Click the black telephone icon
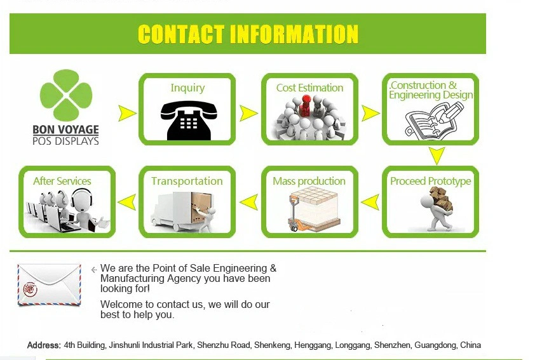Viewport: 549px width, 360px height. (189, 121)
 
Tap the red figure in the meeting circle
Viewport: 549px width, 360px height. (306, 105)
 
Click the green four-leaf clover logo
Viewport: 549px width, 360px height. (66, 95)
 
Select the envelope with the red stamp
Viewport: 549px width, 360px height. (49, 284)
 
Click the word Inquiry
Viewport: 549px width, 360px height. (187, 88)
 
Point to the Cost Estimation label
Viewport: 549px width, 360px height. (309, 88)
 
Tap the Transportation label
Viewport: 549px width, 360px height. (187, 181)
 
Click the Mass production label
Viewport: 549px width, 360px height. (309, 181)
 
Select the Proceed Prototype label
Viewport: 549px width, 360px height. (431, 181)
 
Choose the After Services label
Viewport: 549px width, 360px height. (62, 181)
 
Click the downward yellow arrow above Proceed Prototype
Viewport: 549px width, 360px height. (437, 156)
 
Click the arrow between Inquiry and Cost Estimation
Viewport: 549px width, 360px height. (248, 114)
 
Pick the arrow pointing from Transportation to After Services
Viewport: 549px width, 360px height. (127, 202)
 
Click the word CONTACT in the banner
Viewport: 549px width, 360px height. (181, 34)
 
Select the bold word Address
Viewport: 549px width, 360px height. (44, 345)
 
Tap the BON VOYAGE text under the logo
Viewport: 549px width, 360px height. (66, 130)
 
